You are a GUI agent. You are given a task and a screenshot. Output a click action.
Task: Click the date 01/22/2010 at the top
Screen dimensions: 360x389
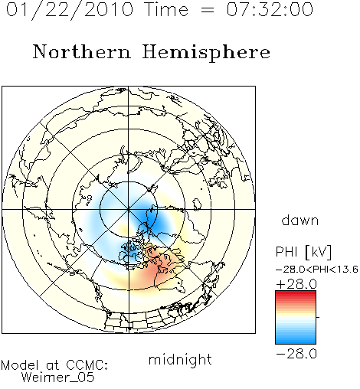coord(70,10)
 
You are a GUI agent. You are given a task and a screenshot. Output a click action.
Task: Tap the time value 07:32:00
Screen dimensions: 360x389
coord(270,9)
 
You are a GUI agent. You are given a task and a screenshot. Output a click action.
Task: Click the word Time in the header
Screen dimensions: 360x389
coord(166,9)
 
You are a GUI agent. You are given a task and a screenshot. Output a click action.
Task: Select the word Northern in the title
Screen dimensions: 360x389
coord(82,51)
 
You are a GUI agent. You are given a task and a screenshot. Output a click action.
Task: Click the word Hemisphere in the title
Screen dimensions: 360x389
coord(206,53)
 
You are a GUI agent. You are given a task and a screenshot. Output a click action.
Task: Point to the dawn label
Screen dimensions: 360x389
coord(300,221)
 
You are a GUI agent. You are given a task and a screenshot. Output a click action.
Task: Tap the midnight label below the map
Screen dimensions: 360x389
coord(180,359)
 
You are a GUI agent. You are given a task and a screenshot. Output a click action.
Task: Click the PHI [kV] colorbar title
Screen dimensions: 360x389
coord(303,252)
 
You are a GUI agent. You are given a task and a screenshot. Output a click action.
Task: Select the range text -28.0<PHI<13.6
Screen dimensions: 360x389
coord(317,269)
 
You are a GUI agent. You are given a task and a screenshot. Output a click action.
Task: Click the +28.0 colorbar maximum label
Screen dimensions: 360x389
coord(296,284)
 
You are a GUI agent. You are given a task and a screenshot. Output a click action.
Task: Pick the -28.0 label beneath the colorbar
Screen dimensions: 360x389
coord(296,354)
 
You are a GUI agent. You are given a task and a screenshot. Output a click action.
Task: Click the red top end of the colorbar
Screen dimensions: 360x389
coord(296,293)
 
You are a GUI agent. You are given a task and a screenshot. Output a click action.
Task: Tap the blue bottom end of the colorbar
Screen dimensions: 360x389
coord(296,342)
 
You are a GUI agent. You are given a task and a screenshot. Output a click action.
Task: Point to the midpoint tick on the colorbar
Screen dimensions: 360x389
coord(318,317)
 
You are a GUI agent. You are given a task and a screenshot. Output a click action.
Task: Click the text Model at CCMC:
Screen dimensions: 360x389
coord(54,365)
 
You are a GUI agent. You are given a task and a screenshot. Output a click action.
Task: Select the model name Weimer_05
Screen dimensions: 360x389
coord(58,377)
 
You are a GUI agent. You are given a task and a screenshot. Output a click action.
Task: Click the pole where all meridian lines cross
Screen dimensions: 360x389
coord(129,209)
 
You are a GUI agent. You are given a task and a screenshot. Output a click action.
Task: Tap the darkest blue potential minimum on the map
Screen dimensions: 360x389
coord(151,217)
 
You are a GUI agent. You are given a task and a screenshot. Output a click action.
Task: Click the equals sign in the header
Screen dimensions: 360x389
coord(208,10)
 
